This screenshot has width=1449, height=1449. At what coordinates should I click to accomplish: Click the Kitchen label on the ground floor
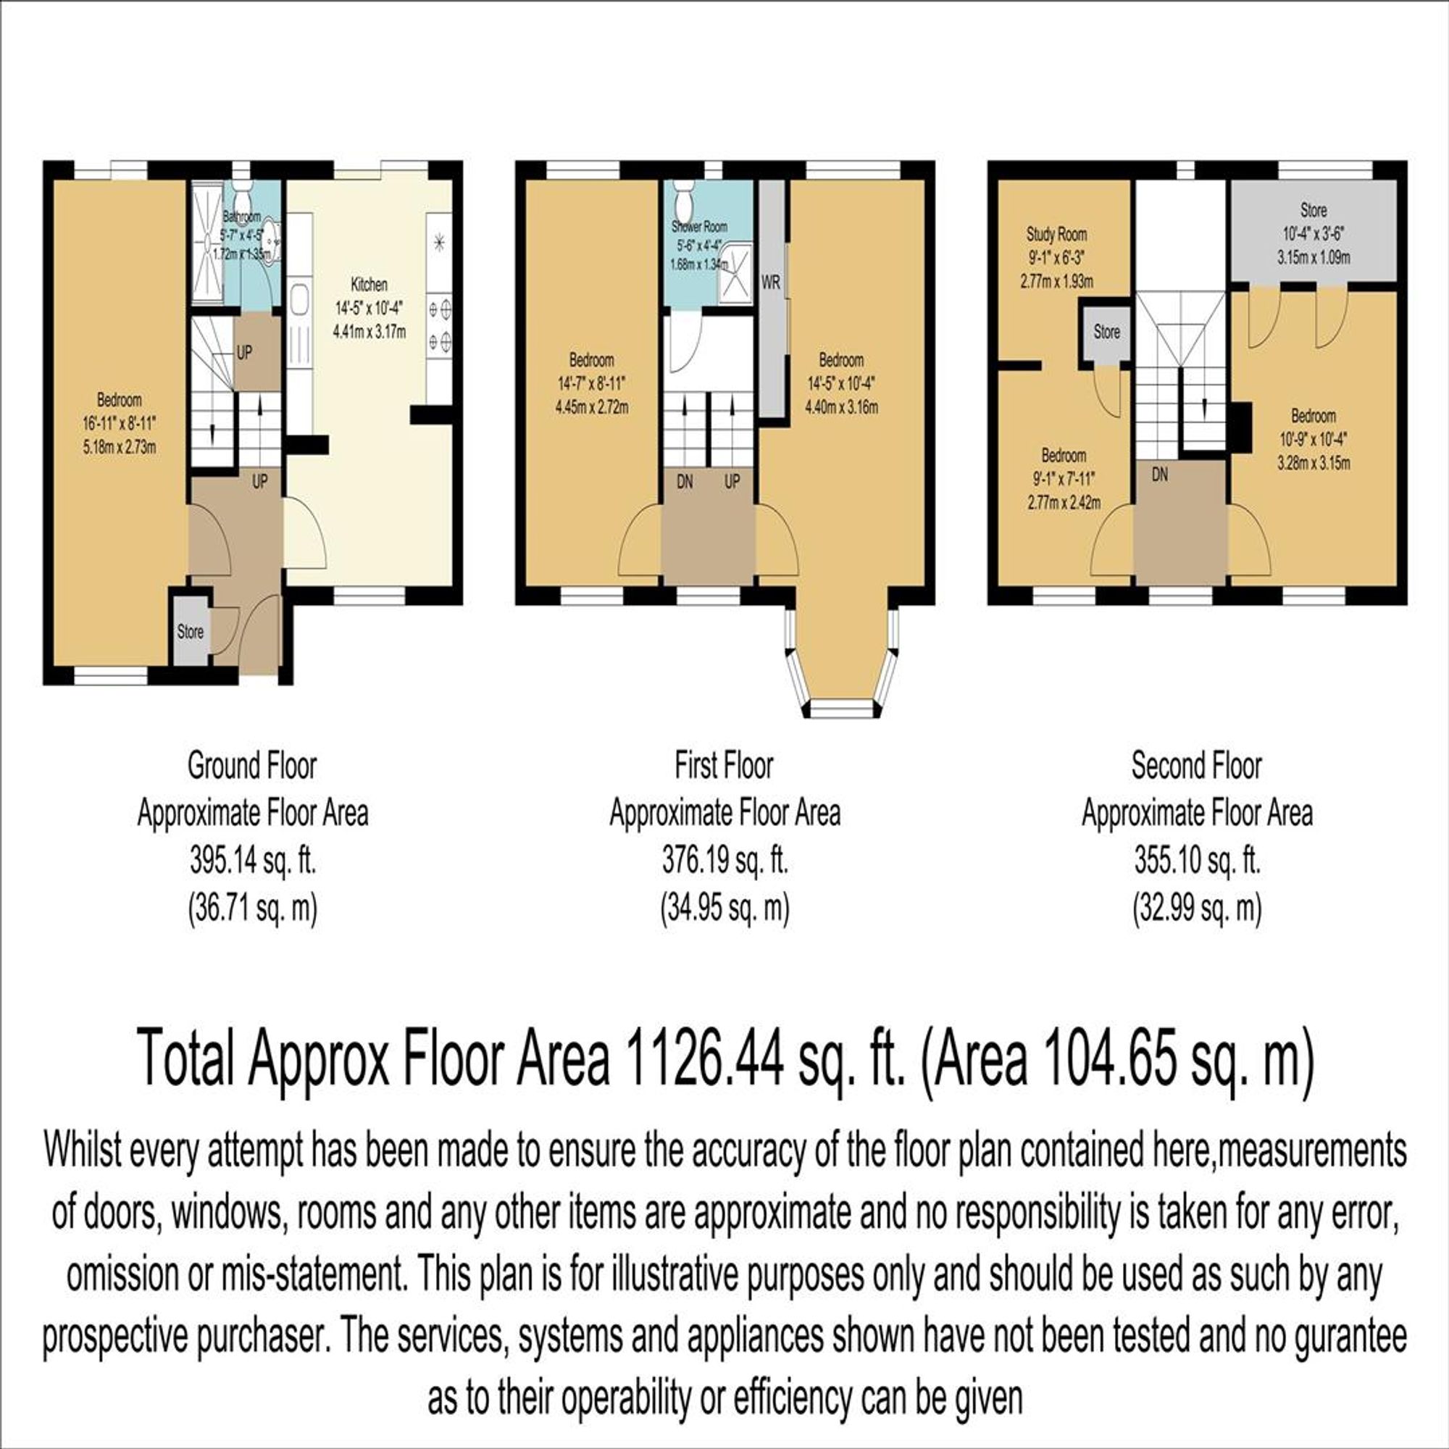coord(369,285)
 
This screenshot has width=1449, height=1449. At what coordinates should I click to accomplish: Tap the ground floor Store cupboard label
coord(190,632)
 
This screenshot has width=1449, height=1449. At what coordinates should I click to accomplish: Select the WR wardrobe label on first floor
coord(771,284)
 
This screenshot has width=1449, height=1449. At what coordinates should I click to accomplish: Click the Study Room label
coord(1057,235)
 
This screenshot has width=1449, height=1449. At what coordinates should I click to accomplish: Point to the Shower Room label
coord(699,226)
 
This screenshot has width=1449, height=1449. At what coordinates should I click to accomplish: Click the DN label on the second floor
coord(1159,475)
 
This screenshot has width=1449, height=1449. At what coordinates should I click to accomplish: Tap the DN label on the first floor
coord(685,482)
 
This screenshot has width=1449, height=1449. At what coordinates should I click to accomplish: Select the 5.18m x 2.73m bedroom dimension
coord(120,448)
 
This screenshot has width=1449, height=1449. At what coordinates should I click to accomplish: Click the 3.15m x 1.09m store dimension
coord(1314,258)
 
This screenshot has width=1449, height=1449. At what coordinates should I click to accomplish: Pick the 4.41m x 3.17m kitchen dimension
coord(369,332)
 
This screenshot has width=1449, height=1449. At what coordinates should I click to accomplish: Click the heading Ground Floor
coord(252,766)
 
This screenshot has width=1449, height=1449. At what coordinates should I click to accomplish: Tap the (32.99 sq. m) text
coord(1197,909)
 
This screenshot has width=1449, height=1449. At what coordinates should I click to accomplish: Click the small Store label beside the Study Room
coord(1107,332)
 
